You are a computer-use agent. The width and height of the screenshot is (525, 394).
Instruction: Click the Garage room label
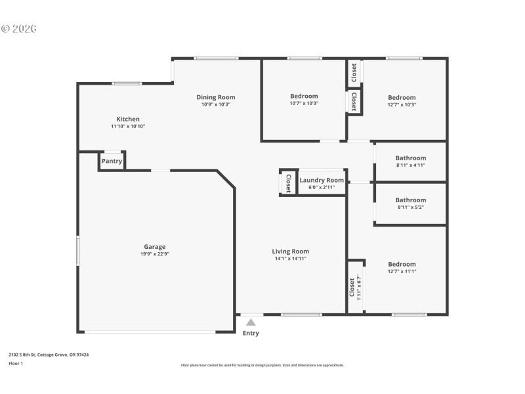[155, 247]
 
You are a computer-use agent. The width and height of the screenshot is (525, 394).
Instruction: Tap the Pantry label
[112, 161]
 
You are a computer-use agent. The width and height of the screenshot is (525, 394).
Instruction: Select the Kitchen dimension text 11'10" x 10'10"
[128, 126]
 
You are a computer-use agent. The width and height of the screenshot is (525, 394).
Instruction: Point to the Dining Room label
[216, 97]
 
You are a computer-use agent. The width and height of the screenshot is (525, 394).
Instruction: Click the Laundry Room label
[322, 180]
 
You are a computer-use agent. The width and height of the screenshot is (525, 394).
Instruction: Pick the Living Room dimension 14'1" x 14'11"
[290, 259]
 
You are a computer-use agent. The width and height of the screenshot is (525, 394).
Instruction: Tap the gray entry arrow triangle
[251, 322]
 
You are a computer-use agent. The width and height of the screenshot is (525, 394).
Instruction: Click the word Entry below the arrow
[251, 333]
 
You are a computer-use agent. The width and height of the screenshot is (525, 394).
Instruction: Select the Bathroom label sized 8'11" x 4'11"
[411, 158]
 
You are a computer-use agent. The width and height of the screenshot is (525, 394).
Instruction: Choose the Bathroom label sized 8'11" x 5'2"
[411, 200]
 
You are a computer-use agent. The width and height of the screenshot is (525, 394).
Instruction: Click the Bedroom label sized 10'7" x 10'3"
[304, 96]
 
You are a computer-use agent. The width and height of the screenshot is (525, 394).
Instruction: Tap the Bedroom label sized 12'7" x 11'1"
[402, 264]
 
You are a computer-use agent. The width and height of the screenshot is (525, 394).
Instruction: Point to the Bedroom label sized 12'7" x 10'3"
[402, 97]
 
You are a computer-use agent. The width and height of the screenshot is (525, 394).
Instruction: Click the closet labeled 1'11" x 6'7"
[355, 286]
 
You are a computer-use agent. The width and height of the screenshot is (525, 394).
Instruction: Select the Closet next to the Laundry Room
[288, 183]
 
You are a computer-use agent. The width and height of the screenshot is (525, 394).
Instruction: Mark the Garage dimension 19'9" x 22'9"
[155, 254]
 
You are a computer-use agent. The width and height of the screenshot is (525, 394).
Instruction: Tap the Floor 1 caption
[16, 363]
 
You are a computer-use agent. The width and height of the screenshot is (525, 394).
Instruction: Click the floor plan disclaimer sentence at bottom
[262, 365]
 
